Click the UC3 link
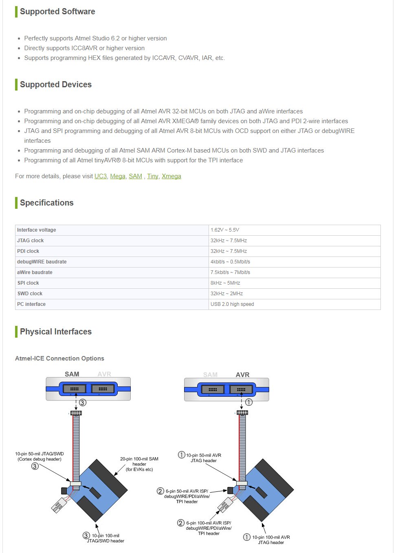point(101,176)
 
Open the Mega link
point(118,176)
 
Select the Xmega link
point(171,176)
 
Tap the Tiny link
point(153,176)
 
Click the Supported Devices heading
point(56,84)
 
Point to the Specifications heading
point(46,203)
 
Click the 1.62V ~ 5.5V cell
point(225,230)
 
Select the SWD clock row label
point(30,294)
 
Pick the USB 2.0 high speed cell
point(232,304)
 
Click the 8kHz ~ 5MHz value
point(225,283)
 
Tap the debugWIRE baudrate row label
point(42,262)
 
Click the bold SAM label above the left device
point(72,374)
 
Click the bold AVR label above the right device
point(242,375)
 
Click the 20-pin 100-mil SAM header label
point(139,464)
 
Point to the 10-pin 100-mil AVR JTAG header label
point(271,540)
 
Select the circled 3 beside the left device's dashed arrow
point(83,403)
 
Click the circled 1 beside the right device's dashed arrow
point(249,402)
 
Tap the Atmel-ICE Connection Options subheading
point(59,358)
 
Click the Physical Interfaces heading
point(56,332)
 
